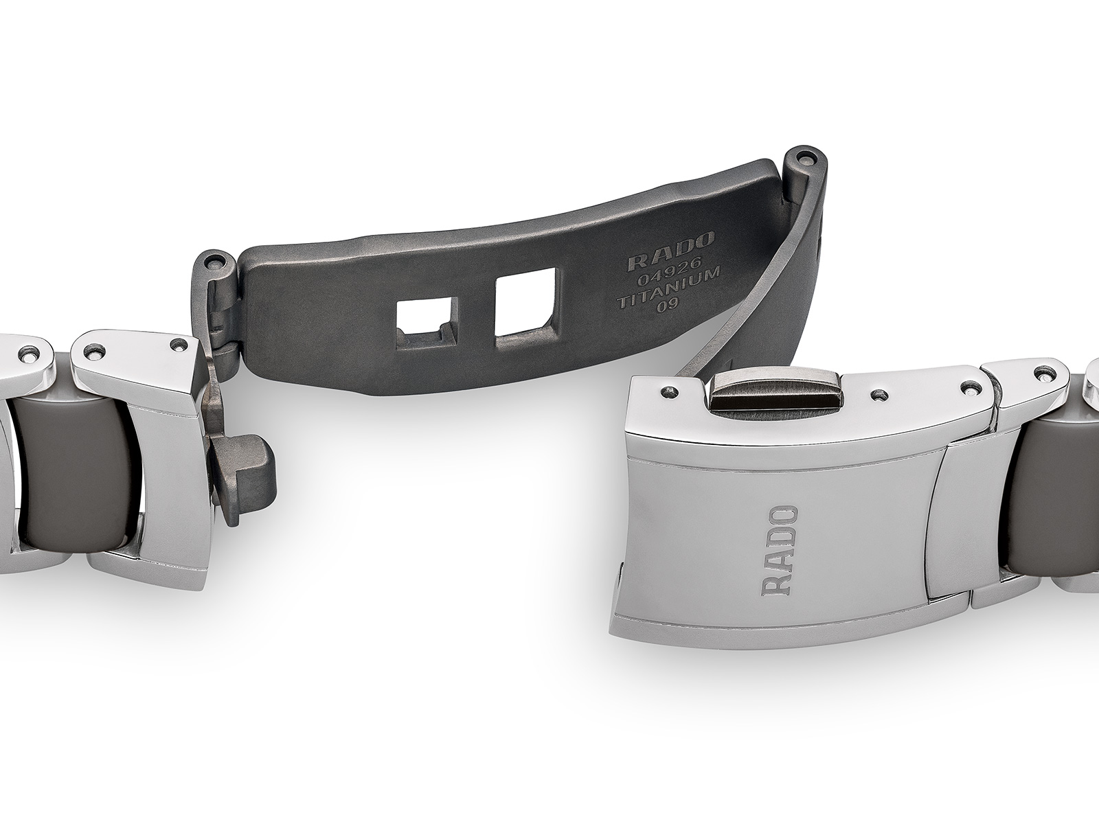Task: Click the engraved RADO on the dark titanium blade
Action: click(671, 246)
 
